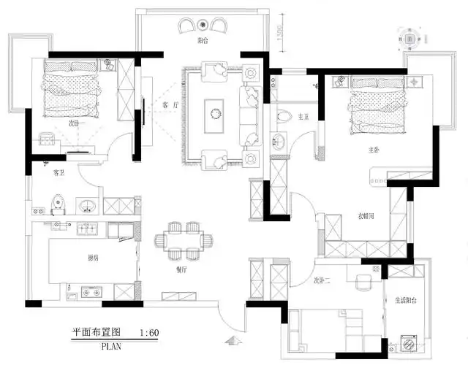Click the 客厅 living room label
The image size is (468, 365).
[170, 105]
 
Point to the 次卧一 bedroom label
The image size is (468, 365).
[75, 123]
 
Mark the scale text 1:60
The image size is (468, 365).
[148, 333]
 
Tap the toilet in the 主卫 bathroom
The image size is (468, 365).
[284, 115]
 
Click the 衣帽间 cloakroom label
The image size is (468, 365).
[366, 216]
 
